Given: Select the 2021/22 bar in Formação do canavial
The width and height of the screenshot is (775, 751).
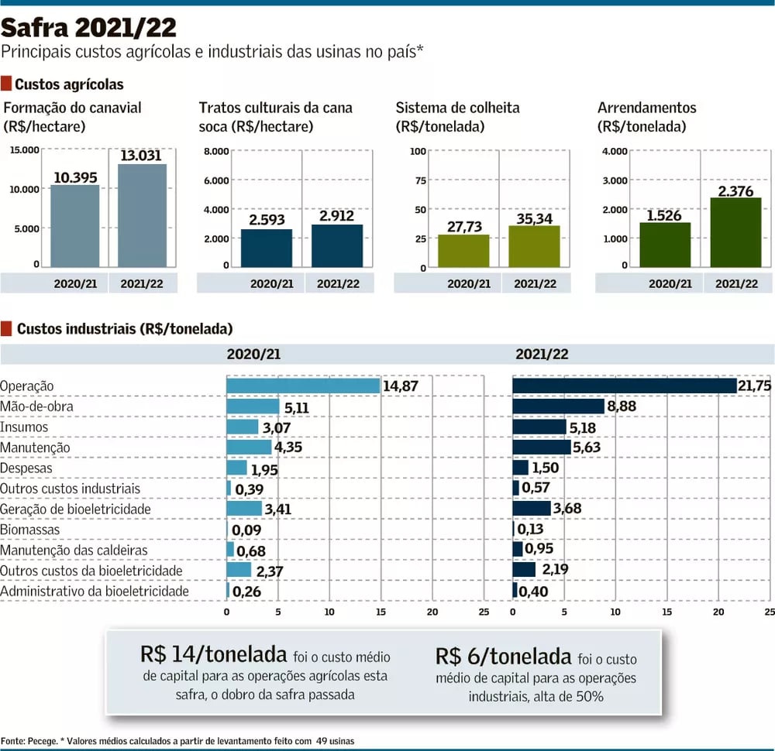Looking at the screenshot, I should [x=142, y=215].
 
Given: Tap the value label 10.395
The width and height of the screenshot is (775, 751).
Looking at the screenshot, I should [x=75, y=177].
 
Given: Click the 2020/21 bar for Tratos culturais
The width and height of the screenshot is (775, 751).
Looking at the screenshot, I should [x=267, y=248].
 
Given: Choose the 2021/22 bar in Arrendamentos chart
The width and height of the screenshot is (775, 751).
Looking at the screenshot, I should [x=735, y=232].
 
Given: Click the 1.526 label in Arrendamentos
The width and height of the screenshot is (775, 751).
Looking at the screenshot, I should [x=664, y=216].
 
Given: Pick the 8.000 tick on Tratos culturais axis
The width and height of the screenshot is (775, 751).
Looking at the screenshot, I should [x=216, y=151].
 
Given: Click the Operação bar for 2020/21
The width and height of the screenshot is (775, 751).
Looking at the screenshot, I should [x=303, y=386].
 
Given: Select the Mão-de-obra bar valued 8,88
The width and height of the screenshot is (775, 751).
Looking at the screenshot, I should [x=558, y=406].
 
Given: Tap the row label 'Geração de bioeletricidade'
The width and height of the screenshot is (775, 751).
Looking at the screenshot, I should [x=75, y=509].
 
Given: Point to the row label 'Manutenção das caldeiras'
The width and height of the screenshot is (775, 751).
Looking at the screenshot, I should [x=74, y=550].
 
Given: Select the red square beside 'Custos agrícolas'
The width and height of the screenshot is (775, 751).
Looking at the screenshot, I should [x=6, y=84].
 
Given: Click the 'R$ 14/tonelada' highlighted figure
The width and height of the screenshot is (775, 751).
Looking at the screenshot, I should [x=214, y=654].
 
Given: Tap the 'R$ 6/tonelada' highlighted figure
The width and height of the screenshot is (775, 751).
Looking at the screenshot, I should [x=503, y=657].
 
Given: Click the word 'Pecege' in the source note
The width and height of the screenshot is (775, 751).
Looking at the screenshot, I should [x=39, y=741].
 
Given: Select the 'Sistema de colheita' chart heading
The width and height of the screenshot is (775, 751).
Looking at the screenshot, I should [x=457, y=108].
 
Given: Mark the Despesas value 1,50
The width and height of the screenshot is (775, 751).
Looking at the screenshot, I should [x=546, y=468].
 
